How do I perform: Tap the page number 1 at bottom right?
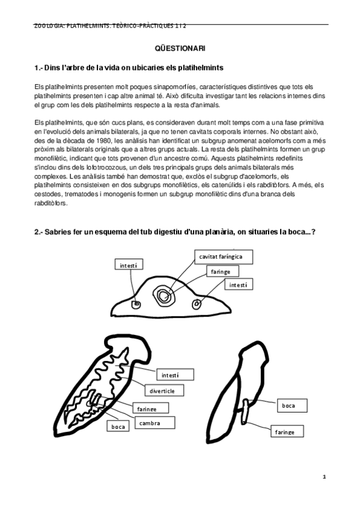[324, 476]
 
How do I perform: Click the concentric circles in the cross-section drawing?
[163, 294]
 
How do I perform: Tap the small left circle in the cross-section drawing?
[136, 306]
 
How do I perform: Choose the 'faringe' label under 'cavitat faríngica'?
[221, 272]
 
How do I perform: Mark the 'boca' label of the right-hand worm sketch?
[289, 405]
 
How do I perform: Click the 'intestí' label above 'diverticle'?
[170, 375]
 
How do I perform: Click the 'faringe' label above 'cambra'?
[147, 409]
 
